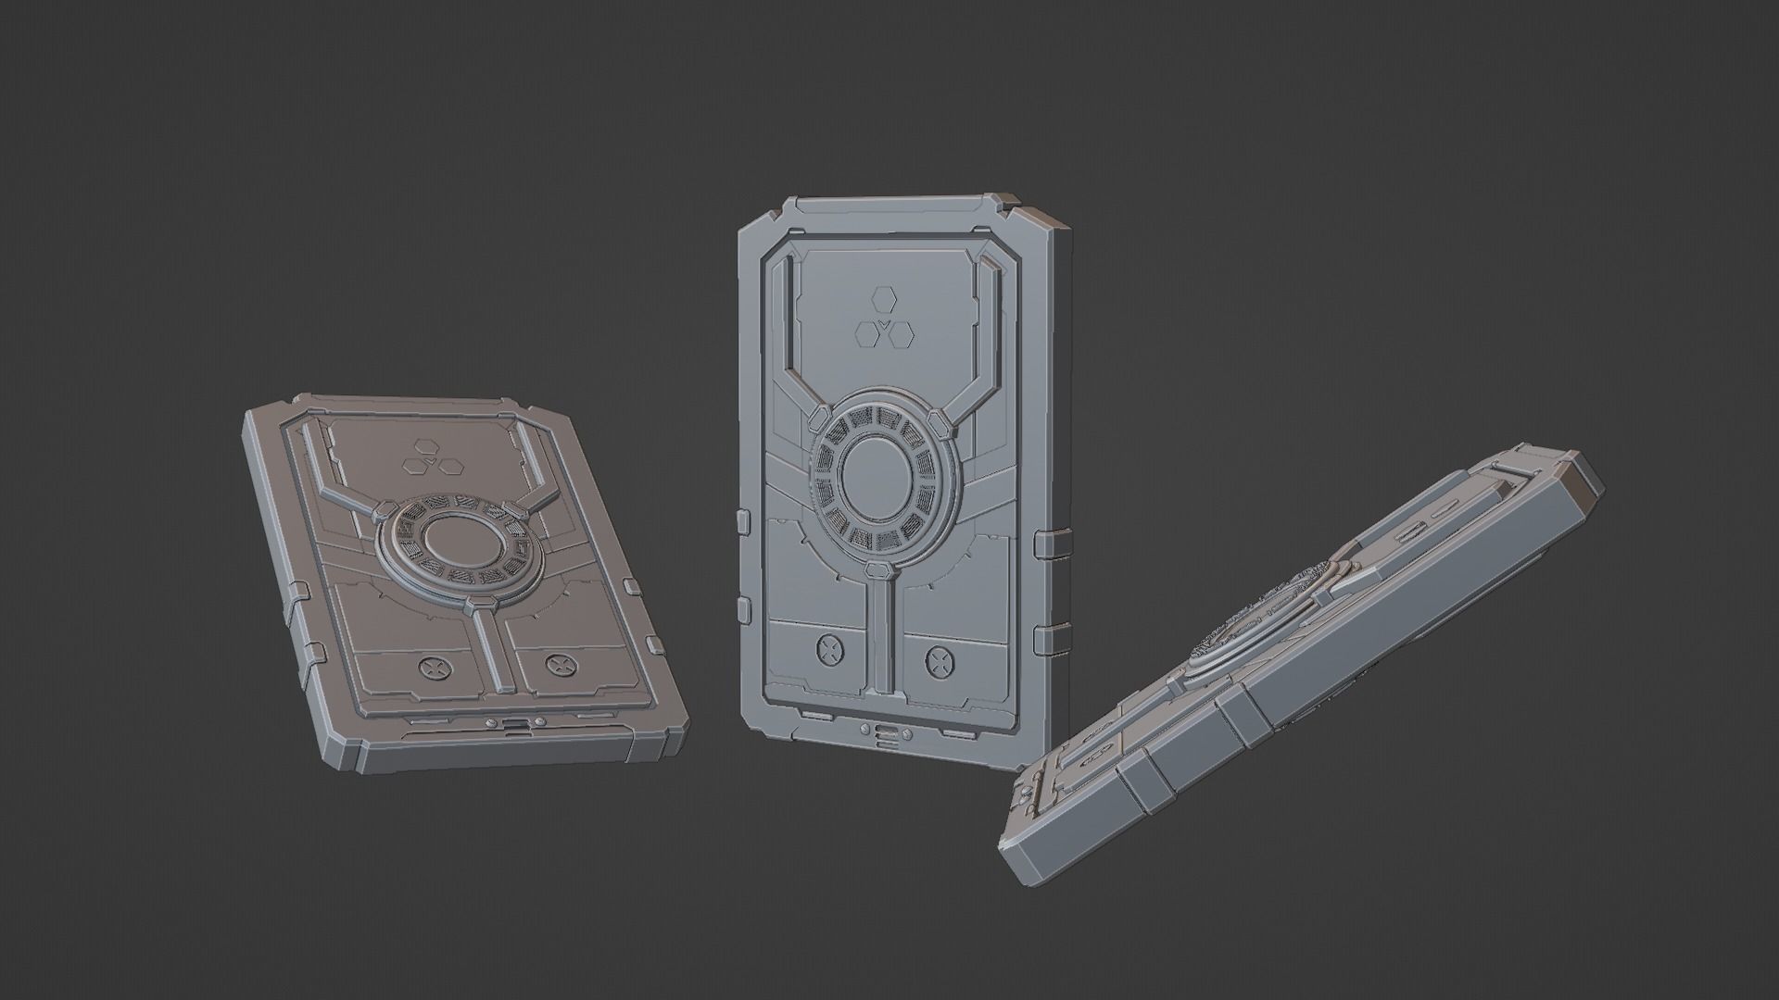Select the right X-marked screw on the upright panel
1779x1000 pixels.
click(939, 659)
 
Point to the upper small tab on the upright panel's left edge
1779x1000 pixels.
click(743, 519)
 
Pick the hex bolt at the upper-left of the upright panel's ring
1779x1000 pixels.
click(821, 420)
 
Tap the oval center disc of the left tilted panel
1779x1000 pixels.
click(459, 538)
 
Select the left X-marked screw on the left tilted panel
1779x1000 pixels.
click(432, 667)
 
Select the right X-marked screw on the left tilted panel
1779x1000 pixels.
click(556, 663)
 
